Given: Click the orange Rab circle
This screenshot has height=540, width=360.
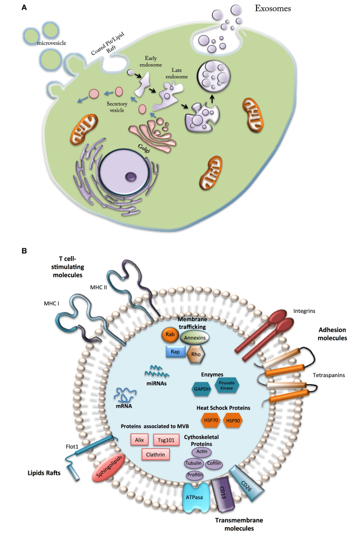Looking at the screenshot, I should (x=169, y=335).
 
